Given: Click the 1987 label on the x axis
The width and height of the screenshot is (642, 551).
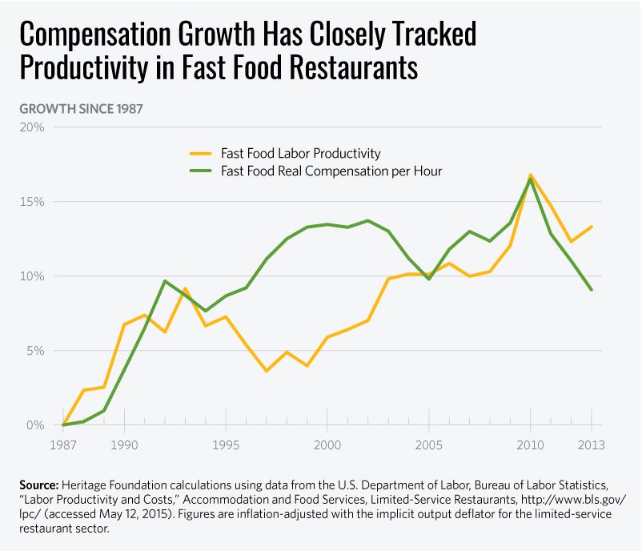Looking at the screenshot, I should pyautogui.click(x=62, y=444).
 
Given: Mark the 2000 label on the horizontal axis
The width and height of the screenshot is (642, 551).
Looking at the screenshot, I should pyautogui.click(x=327, y=444).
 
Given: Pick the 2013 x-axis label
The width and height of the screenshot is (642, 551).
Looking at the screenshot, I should pyautogui.click(x=591, y=444).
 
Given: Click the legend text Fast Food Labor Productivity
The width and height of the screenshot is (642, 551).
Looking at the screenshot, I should pyautogui.click(x=301, y=154).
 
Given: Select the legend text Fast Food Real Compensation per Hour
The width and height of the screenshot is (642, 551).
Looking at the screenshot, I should pyautogui.click(x=331, y=171).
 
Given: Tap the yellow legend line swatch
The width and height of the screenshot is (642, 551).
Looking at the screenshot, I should pyautogui.click(x=200, y=154).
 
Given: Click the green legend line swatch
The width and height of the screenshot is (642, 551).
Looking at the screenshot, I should pyautogui.click(x=200, y=171).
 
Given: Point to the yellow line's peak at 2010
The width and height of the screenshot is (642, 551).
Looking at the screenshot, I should pyautogui.click(x=530, y=175).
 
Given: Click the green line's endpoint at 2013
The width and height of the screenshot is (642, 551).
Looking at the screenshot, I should pyautogui.click(x=592, y=290).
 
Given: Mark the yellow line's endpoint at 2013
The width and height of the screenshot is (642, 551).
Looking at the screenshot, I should pyautogui.click(x=592, y=227).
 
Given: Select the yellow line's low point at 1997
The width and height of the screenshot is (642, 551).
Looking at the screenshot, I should pyautogui.click(x=266, y=371).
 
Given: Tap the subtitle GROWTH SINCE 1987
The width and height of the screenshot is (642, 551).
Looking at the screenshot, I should pyautogui.click(x=81, y=108).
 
